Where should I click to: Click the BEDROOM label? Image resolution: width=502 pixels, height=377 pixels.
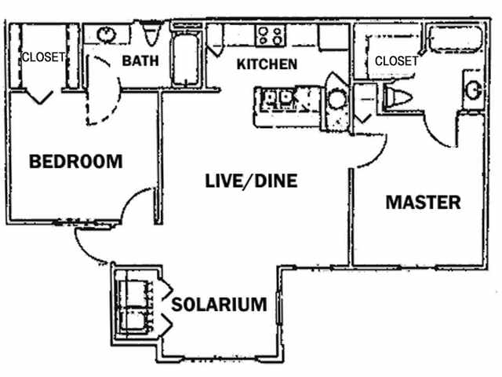76,162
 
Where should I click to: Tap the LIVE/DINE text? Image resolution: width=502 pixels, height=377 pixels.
251,181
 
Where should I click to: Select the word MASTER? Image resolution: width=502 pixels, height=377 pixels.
423,202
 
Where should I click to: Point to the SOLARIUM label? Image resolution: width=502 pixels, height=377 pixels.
220,304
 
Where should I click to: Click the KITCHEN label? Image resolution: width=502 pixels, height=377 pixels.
267,64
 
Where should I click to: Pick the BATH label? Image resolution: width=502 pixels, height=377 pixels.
141,60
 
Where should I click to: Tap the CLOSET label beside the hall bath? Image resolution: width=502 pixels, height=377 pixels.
42,57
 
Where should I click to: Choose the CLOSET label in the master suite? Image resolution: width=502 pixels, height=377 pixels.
396,60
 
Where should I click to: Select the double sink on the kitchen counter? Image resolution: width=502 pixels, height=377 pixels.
278,98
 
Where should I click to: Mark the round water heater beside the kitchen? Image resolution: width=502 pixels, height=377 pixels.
337,100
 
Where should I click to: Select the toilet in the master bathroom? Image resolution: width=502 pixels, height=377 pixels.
398,97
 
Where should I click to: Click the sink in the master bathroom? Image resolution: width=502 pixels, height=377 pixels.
474,90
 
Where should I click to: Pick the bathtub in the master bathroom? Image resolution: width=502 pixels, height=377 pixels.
455,38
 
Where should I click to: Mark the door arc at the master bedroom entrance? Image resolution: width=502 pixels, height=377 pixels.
369,153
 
